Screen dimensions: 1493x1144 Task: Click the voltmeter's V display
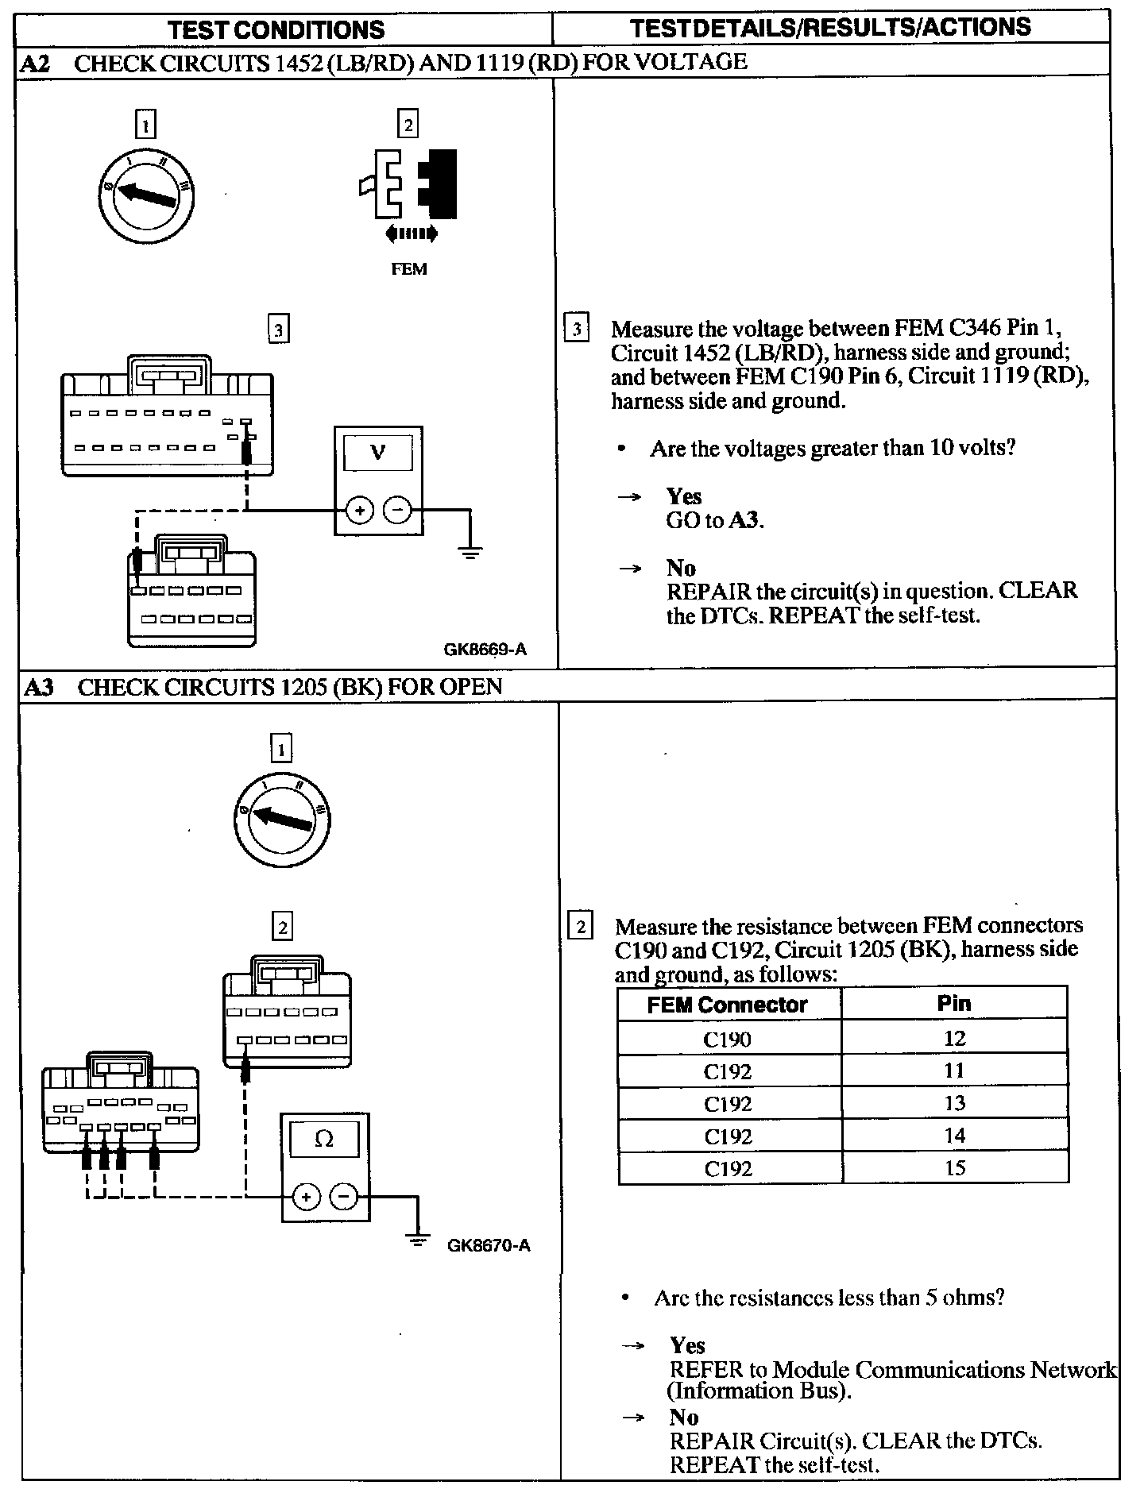(378, 453)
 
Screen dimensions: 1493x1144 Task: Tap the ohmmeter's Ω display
(324, 1139)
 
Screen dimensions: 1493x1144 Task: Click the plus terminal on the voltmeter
(360, 511)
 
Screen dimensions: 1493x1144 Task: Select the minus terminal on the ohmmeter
(344, 1197)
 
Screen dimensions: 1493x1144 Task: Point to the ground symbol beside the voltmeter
(470, 552)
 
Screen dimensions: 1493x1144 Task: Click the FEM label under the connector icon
(409, 269)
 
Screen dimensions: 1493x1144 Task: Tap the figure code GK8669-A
(485, 650)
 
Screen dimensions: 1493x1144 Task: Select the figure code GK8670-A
(489, 1245)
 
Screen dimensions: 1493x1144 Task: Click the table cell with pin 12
(954, 1038)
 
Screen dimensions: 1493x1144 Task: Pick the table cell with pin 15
(954, 1167)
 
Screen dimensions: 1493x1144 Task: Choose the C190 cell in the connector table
(728, 1039)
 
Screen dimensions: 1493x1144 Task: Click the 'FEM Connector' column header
(727, 1005)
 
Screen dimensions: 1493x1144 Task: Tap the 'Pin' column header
(954, 1003)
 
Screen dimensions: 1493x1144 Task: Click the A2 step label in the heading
(36, 64)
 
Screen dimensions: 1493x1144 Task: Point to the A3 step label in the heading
(38, 687)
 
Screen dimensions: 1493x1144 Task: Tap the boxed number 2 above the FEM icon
(408, 125)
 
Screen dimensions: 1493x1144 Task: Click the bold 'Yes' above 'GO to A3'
(684, 496)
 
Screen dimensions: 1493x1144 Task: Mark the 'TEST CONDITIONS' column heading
(276, 29)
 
